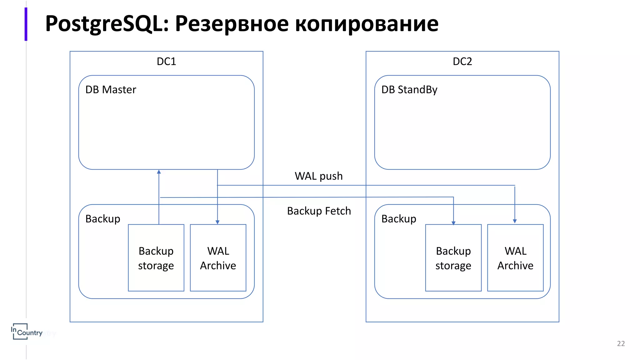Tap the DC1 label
point(166,61)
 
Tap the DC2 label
point(462,61)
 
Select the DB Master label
point(111,90)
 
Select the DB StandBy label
point(409,90)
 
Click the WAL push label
point(318,176)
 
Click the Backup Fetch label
point(319,211)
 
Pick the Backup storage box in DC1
point(156,258)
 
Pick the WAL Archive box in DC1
point(218,258)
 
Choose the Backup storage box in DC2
point(453,258)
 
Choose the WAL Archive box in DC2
point(515,258)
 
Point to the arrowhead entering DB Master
point(159,172)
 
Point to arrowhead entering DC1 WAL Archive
point(217,222)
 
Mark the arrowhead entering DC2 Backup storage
point(453,223)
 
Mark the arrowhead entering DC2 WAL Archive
point(515,221)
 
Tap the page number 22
point(621,343)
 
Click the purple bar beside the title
point(26,24)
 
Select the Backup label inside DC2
point(398,219)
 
